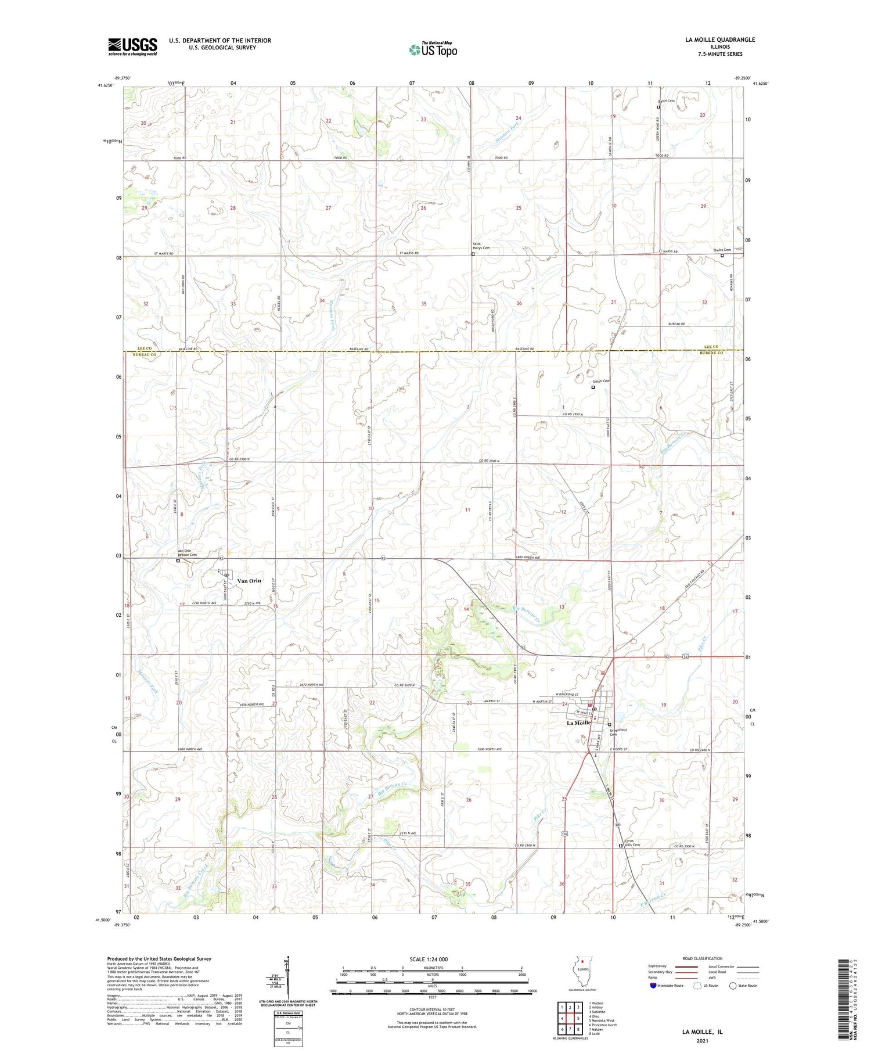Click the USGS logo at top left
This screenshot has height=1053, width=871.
[x=132, y=46]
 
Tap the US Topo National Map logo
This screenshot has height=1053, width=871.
[x=433, y=49]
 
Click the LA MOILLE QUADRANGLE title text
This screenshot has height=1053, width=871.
[x=720, y=39]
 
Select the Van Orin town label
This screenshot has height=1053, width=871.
[x=249, y=581]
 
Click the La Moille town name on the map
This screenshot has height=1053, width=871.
[x=579, y=723]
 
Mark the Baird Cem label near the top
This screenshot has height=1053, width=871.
[x=667, y=101]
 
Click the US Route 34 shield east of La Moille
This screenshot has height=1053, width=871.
[x=686, y=656]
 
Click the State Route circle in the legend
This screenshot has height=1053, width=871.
[x=733, y=986]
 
